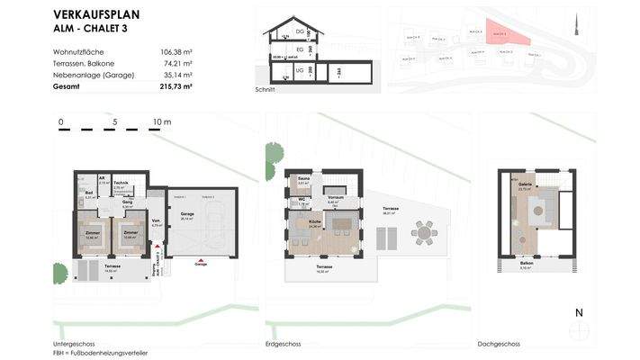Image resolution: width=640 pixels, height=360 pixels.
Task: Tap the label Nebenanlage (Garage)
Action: tap(94, 75)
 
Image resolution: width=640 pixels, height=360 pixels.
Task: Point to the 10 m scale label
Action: tap(162, 121)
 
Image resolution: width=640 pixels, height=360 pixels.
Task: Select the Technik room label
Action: tap(121, 183)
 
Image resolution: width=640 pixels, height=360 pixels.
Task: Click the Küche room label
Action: tap(315, 221)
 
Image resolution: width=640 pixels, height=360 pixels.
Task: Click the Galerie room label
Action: tap(525, 184)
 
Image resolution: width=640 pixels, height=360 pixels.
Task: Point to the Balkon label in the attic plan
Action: tap(525, 262)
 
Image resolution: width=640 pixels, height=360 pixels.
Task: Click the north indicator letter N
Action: tap(579, 312)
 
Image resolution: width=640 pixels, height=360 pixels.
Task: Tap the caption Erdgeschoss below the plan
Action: tap(284, 345)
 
